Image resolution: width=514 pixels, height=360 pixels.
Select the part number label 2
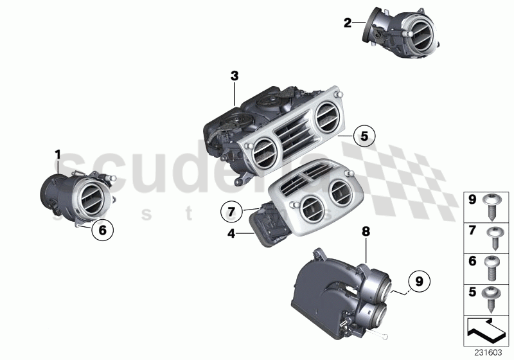coord(348,22)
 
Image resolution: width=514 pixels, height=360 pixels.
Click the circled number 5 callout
coord(364,136)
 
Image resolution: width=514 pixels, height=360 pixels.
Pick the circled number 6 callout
coord(102,228)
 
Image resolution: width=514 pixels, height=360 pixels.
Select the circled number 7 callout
coord(233,210)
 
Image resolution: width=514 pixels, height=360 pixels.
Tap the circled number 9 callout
coord(418,281)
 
